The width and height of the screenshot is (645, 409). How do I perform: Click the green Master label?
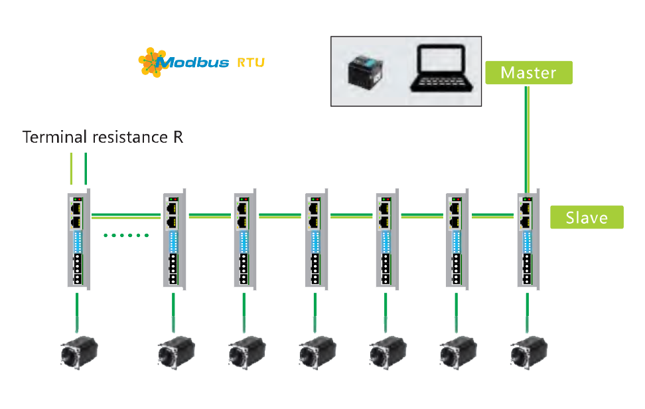click(528, 72)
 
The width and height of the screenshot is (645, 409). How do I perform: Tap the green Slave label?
click(587, 217)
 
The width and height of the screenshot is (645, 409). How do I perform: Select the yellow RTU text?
click(250, 63)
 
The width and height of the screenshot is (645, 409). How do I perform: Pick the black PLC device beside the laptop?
click(367, 72)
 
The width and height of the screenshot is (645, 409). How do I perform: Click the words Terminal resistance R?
click(103, 137)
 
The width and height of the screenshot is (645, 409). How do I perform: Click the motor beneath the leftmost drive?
click(78, 351)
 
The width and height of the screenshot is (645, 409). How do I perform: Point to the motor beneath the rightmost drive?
click(528, 351)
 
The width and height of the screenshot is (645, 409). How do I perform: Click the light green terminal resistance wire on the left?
click(71, 169)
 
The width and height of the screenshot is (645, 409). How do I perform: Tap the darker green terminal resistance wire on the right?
click(86, 169)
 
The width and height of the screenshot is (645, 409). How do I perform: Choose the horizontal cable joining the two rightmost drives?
click(493, 215)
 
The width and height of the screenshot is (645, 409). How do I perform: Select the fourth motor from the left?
click(315, 351)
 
